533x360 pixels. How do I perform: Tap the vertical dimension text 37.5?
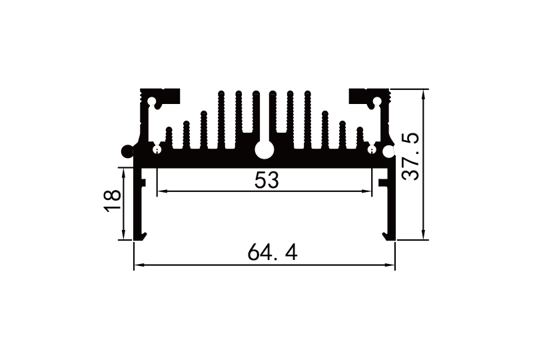(x=411, y=156)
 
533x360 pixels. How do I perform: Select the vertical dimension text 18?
(x=113, y=200)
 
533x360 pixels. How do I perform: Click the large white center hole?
(x=264, y=151)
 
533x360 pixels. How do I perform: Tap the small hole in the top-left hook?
(x=152, y=103)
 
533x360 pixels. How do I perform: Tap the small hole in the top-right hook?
(x=377, y=103)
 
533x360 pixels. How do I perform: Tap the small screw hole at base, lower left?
(x=157, y=149)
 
